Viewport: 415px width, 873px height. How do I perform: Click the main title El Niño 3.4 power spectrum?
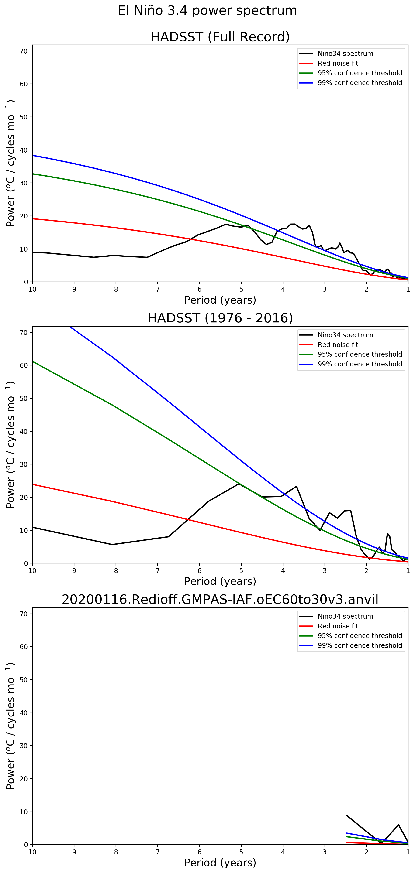(207, 10)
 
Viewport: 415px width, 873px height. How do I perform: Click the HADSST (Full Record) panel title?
(220, 37)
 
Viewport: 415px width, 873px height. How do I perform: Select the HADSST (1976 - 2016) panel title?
(220, 318)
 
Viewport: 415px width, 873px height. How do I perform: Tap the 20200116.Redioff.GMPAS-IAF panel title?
(220, 599)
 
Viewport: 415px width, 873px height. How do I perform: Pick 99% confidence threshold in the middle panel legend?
(360, 364)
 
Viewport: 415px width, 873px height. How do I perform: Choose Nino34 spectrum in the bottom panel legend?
(345, 616)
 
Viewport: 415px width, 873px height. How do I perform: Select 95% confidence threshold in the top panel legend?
(360, 73)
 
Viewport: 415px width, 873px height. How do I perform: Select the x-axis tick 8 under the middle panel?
(116, 571)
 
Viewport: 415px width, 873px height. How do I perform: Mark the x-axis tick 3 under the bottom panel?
(325, 852)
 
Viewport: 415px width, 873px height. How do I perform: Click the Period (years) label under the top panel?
(220, 300)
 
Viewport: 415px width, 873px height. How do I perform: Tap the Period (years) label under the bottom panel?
(220, 863)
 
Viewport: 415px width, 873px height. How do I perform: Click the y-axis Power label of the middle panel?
(10, 445)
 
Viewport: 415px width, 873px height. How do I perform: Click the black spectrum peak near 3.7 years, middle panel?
(297, 486)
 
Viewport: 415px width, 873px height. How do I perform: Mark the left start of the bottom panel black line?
(347, 815)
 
